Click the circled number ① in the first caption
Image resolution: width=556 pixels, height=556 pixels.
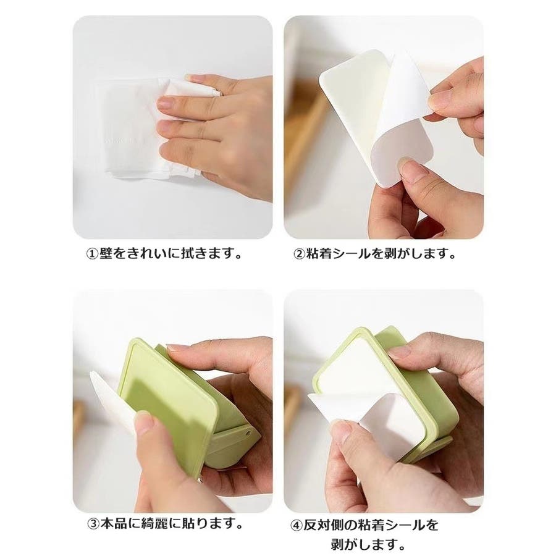pos(93,254)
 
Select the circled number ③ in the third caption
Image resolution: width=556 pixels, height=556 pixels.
pos(93,523)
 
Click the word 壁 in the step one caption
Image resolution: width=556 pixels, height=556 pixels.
pos(106,253)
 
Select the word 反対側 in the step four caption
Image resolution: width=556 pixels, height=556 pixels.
pos(323,525)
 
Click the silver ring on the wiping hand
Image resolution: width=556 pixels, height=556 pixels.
pos(217,92)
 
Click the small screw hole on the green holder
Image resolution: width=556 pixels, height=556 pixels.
pos(248,432)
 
